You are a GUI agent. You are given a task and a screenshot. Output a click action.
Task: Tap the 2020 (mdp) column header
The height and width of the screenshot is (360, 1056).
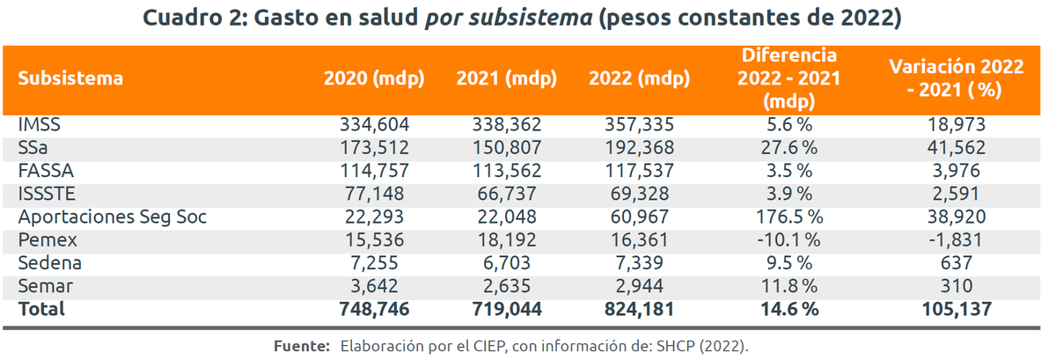tap(374, 78)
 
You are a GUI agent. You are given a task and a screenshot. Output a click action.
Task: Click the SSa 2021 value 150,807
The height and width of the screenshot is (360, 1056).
tap(507, 148)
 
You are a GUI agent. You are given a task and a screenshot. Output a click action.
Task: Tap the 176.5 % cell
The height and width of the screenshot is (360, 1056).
tap(788, 217)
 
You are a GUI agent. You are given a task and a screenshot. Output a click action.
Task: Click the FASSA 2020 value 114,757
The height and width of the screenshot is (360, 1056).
tap(374, 171)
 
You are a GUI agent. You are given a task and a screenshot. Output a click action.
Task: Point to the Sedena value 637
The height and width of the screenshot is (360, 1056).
tap(956, 262)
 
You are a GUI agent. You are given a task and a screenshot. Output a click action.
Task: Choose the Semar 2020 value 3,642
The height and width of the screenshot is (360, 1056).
tap(379, 285)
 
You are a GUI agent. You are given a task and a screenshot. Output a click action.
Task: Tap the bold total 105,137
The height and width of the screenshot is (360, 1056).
tap(956, 308)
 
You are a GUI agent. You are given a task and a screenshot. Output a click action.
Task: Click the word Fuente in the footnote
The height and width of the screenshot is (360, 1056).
tap(302, 346)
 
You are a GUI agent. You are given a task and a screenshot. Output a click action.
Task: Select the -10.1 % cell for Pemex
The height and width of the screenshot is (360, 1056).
tap(788, 239)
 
